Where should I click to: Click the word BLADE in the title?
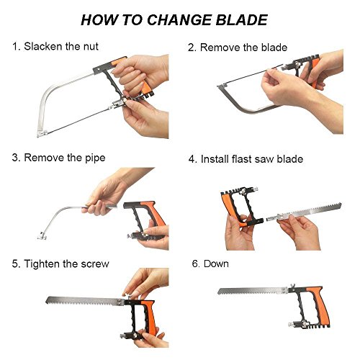tap(242, 19)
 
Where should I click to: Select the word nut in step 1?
tap(91, 47)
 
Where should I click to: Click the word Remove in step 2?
tap(220, 48)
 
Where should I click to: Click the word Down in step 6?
tap(216, 264)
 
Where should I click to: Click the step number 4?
tap(192, 159)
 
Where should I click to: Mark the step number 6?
tap(196, 264)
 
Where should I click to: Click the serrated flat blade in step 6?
tap(252, 292)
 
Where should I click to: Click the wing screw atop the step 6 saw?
tap(292, 287)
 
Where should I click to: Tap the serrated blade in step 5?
tap(85, 301)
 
